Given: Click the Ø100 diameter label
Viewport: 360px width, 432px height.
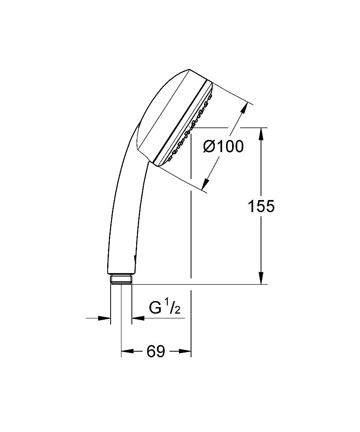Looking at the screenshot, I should pos(223,147).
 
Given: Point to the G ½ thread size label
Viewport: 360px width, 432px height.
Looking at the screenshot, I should pos(164,308).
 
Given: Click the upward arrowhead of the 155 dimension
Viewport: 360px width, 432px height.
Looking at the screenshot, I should pos(261,134).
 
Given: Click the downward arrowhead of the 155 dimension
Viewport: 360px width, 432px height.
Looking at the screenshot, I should pos(261,278).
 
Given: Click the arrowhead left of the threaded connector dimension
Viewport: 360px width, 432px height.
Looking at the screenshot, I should pos(105,318).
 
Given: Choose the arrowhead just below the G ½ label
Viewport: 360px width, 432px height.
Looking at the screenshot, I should pos(137,318).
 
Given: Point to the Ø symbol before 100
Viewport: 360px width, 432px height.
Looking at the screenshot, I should pos(209,147).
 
